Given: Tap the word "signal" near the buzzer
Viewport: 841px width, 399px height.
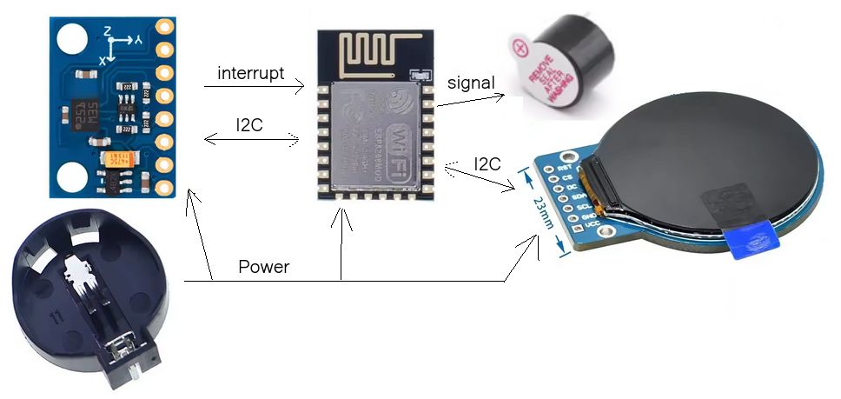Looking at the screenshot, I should [470, 83].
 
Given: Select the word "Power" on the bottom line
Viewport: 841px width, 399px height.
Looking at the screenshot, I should [263, 267].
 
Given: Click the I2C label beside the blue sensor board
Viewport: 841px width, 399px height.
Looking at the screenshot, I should [249, 123].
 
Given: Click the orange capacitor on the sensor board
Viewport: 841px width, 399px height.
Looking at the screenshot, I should [120, 158].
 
